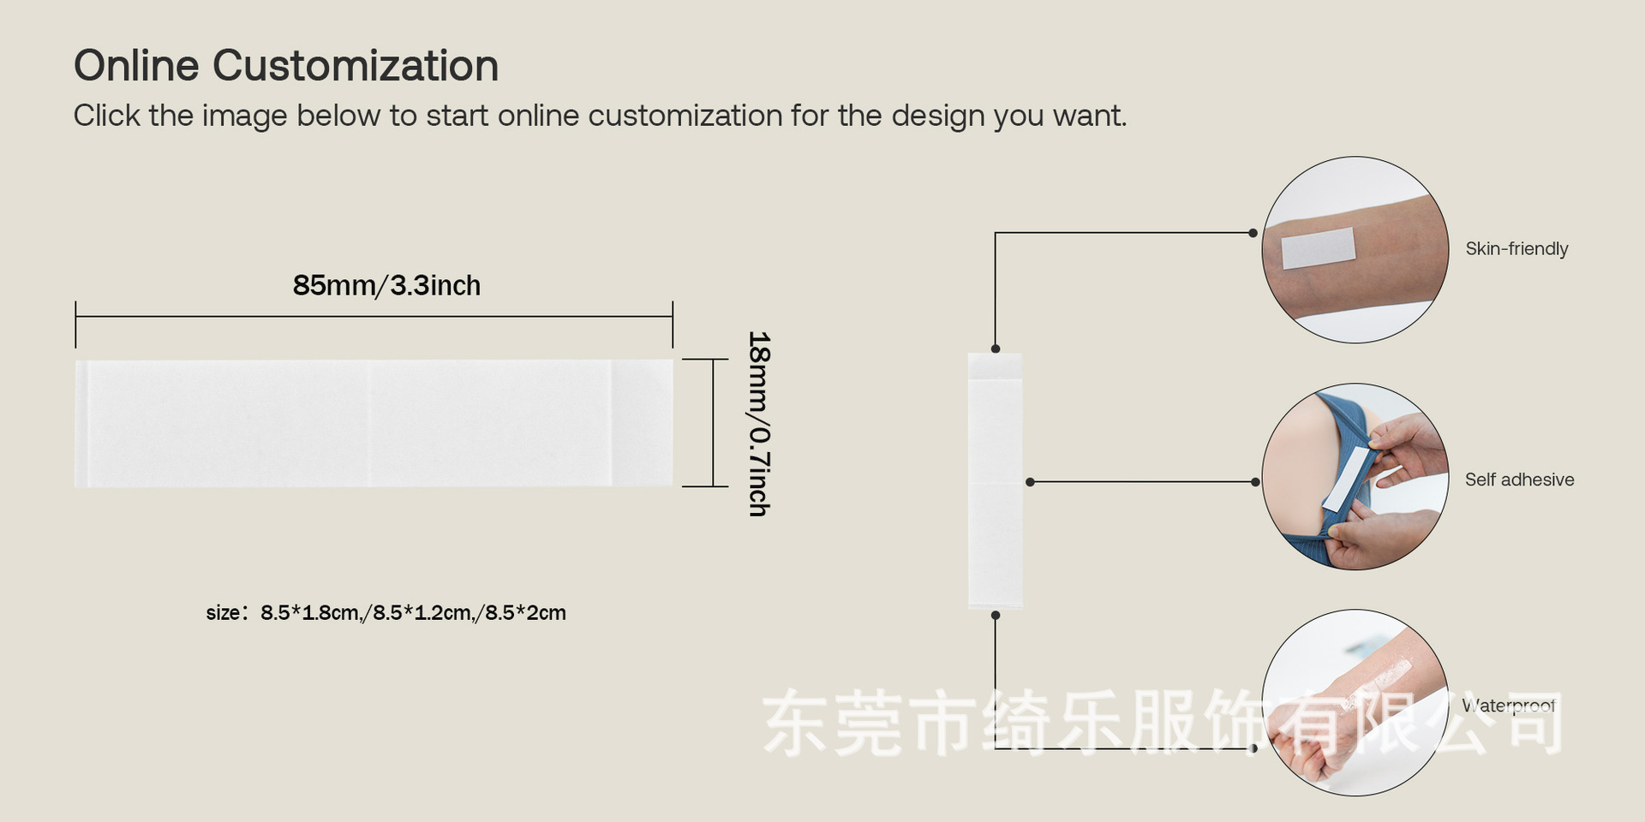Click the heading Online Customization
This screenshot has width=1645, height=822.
[285, 66]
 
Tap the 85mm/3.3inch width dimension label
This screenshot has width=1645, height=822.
[386, 285]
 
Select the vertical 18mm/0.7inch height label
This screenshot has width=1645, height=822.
[759, 424]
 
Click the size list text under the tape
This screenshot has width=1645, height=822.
[386, 613]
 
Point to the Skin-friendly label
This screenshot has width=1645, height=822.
[1516, 249]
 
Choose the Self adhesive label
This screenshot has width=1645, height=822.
[1519, 479]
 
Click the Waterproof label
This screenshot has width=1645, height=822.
[1508, 706]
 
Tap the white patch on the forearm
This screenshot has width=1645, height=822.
[1318, 248]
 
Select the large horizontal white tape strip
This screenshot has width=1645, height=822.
[374, 424]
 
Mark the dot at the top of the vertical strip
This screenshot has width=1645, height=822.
[996, 349]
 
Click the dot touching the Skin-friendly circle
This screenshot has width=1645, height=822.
[1253, 233]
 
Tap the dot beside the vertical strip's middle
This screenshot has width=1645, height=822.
[1030, 482]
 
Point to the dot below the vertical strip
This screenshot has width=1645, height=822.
[996, 615]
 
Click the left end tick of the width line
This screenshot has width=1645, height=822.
[75, 324]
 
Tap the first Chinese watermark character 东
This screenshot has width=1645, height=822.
[797, 724]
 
